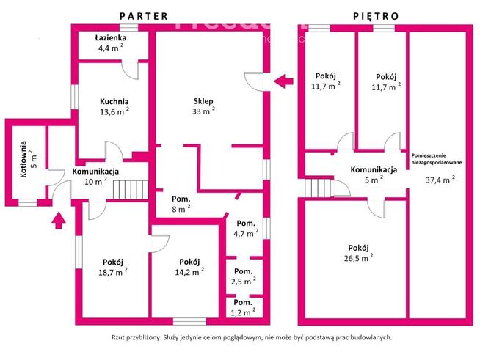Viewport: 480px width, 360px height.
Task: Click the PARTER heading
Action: (144, 15)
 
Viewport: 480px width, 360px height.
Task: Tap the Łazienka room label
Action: (110, 37)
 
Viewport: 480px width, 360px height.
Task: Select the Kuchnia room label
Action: (114, 102)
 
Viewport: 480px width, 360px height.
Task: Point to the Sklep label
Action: (203, 102)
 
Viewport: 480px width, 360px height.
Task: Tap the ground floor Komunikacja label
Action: (95, 172)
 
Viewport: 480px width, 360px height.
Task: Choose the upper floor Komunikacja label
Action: (374, 169)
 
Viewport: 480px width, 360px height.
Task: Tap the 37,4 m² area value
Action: (437, 177)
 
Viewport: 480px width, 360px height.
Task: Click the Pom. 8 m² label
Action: (181, 202)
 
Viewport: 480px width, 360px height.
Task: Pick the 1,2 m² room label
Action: (243, 306)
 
